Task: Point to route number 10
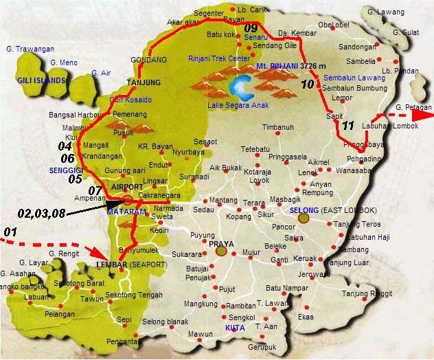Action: (x=308, y=85)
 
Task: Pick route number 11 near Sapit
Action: (x=348, y=125)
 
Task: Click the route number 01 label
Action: (x=10, y=232)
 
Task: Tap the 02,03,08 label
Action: (x=42, y=213)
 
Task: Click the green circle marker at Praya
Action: (x=220, y=251)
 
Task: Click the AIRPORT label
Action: (x=126, y=187)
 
